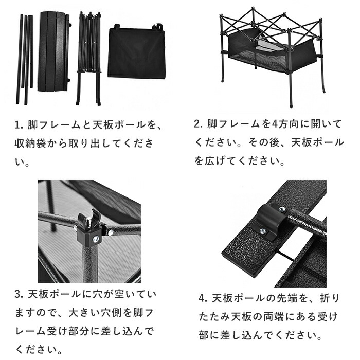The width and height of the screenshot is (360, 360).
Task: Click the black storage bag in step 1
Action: [x=136, y=51]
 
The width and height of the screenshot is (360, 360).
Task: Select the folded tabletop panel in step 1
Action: [x=54, y=51]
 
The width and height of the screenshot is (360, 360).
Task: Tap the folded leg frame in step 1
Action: [x=88, y=59]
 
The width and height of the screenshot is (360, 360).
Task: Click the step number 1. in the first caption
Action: [x=20, y=125]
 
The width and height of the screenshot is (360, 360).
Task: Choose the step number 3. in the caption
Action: [x=20, y=294]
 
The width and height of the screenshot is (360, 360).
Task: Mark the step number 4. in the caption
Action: [x=204, y=298]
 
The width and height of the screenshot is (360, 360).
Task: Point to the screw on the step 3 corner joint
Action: [x=96, y=239]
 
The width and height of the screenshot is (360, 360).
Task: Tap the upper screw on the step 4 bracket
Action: [x=281, y=209]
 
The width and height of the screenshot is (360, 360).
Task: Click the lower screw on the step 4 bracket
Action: [x=263, y=231]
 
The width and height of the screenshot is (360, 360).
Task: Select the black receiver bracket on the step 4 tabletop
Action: [x=272, y=221]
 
